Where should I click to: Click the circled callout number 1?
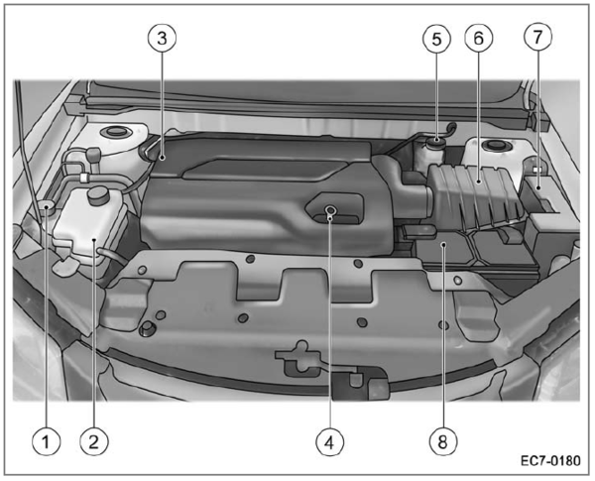(x=47, y=441)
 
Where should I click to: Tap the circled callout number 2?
(x=94, y=441)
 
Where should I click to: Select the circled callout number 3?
(x=162, y=38)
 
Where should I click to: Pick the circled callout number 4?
(x=330, y=442)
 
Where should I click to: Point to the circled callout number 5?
(x=436, y=39)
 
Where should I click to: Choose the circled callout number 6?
(x=479, y=38)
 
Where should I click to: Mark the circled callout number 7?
(x=537, y=37)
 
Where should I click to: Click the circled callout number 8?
(x=443, y=441)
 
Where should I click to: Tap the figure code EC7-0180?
(x=550, y=461)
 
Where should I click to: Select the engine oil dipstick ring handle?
(x=330, y=209)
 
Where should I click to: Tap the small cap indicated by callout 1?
(x=47, y=207)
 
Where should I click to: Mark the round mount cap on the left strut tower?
(x=114, y=133)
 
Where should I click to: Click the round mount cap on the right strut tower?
(x=495, y=145)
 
